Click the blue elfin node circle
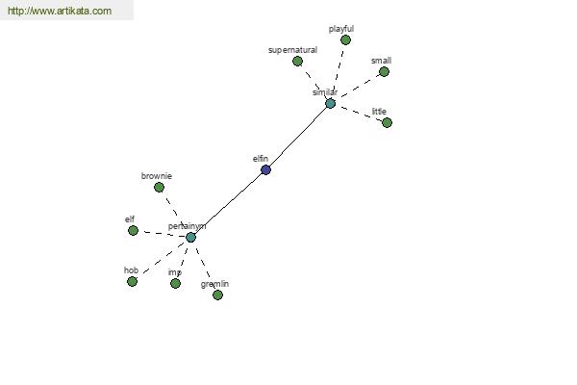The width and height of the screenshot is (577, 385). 265,169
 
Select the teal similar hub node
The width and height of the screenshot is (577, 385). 331,104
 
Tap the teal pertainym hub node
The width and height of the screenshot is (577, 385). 190,238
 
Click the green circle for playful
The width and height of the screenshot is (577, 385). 345,39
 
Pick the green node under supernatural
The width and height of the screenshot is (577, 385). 298,62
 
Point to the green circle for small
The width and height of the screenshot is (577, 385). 384,72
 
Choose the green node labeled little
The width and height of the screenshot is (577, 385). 388,122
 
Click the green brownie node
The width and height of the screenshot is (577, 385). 159,188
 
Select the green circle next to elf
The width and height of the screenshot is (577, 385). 134,231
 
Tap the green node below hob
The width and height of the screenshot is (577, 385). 132,281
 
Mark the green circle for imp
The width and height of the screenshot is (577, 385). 176,283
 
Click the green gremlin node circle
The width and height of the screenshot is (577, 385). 218,295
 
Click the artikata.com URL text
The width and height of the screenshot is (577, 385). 60,11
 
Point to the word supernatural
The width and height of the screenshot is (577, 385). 293,50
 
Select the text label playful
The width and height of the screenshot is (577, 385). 341,29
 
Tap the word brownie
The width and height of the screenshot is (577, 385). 157,176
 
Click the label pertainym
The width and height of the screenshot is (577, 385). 187,226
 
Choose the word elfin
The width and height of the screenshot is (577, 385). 261,159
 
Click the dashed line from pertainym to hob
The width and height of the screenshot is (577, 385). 163,258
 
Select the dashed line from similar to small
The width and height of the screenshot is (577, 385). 360,86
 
